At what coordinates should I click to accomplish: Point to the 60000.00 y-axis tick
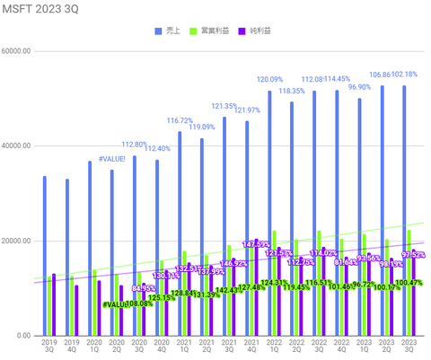tap(19, 51)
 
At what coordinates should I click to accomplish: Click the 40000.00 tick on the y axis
tap(19, 146)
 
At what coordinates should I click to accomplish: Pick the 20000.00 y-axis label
tap(19, 241)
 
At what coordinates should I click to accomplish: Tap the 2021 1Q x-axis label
tap(180, 347)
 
